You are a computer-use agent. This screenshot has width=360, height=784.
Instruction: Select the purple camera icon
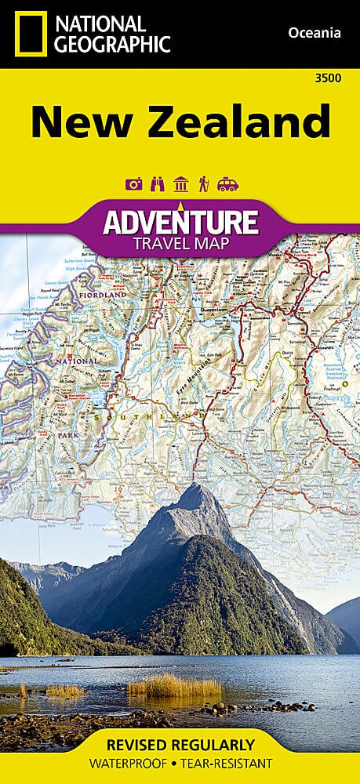click(133, 184)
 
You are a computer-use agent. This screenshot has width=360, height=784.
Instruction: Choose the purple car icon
click(227, 184)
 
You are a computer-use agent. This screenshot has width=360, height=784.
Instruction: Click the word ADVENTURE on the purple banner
click(180, 222)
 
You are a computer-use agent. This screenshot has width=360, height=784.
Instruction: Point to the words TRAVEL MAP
click(180, 244)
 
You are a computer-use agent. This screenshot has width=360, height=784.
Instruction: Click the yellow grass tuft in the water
click(174, 687)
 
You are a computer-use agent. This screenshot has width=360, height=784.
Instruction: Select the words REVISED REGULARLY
click(180, 744)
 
